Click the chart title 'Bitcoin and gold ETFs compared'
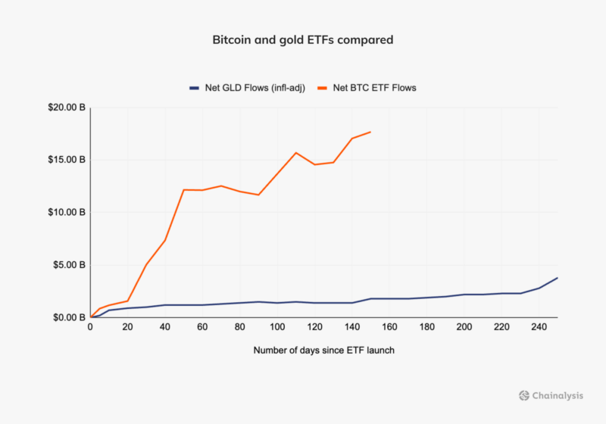[x=302, y=39]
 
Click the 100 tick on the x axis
[x=277, y=327]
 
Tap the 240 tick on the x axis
[x=539, y=327]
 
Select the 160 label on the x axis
[x=389, y=327]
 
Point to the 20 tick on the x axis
[x=127, y=327]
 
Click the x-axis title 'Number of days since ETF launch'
[x=323, y=351]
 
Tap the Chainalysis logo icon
[x=524, y=395]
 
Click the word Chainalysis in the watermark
[x=557, y=395]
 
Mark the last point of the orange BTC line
[x=370, y=132]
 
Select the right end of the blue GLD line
[x=558, y=278]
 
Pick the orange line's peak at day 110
[x=296, y=153]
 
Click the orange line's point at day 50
[x=184, y=189]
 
